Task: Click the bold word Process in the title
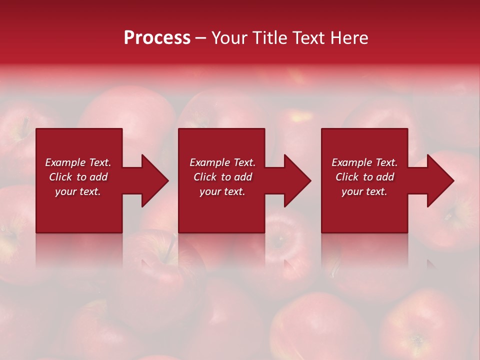(x=157, y=38)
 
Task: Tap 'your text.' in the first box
(x=78, y=191)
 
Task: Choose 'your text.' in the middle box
(x=222, y=191)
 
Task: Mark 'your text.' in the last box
(x=364, y=191)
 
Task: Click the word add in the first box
(x=98, y=177)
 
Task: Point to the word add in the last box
(x=385, y=177)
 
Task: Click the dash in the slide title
(x=200, y=38)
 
